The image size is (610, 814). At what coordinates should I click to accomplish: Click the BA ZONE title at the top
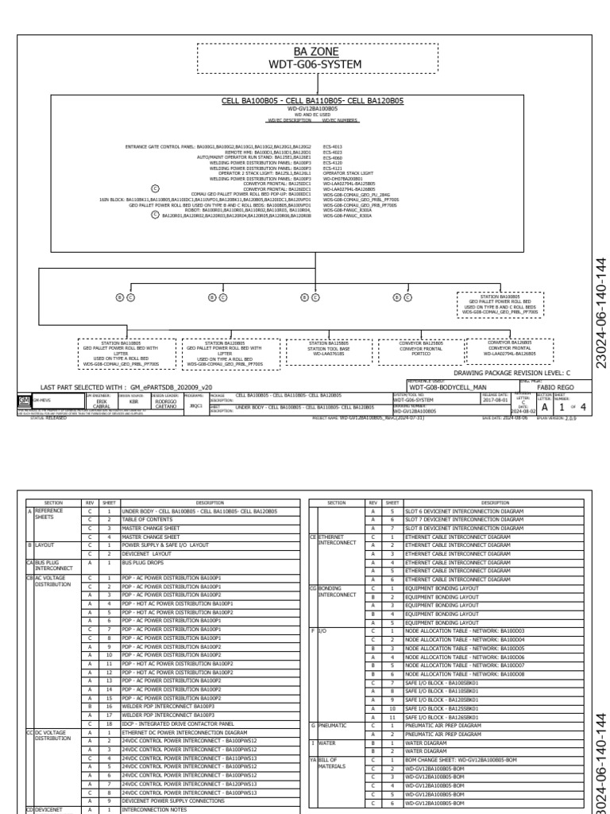[x=316, y=57]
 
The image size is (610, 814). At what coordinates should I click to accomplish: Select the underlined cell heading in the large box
[x=312, y=101]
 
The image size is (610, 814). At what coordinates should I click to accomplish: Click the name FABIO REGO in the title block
[x=549, y=386]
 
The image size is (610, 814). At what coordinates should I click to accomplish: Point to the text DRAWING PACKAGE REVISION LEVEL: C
[x=512, y=372]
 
